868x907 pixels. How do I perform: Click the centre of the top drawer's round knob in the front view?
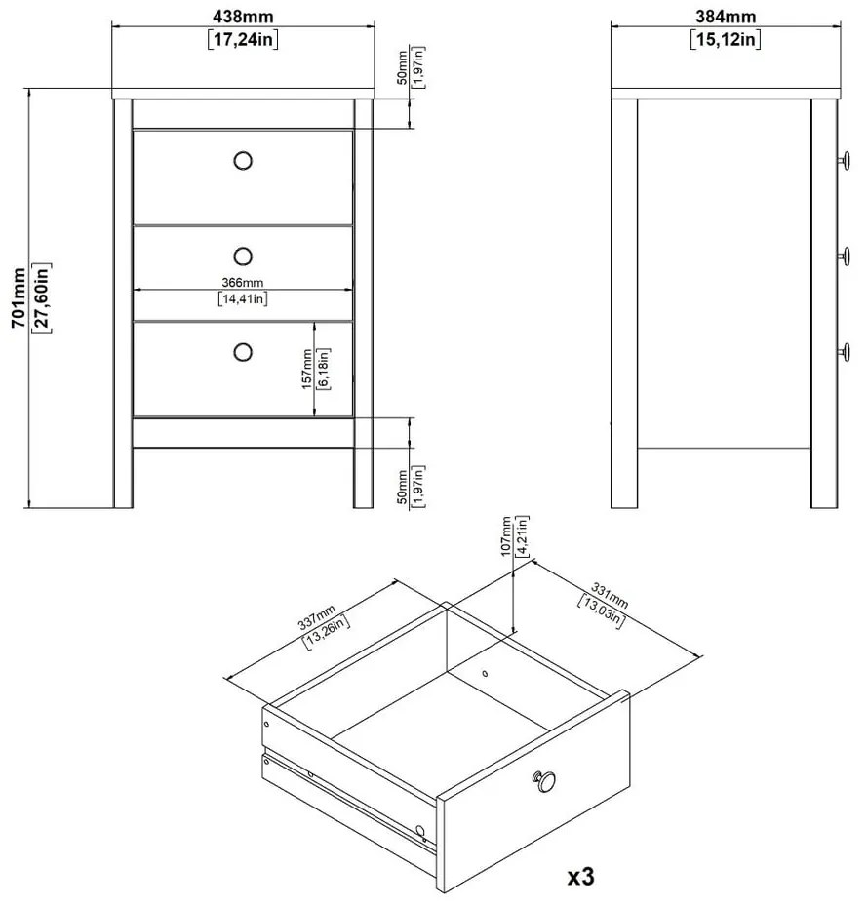(243, 160)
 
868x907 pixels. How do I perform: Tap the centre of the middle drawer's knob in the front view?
(243, 256)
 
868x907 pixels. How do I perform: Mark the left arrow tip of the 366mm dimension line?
(135, 290)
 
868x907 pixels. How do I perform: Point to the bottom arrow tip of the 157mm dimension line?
(315, 415)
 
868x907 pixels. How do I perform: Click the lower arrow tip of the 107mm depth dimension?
(514, 635)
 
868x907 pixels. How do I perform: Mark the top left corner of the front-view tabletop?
(112, 89)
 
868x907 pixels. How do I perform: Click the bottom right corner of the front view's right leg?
(373, 508)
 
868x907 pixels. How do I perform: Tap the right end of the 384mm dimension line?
(841, 25)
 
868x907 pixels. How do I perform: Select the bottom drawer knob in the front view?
(243, 352)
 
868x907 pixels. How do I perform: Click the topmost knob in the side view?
(845, 160)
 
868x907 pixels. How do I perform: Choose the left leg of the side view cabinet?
(624, 303)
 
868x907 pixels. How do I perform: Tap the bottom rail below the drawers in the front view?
(244, 433)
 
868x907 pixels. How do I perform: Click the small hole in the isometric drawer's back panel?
(485, 673)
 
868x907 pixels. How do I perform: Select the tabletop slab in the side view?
(726, 95)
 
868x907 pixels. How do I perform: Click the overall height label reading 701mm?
(20, 297)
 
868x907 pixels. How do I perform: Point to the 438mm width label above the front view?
(243, 17)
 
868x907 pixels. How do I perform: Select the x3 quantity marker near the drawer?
(580, 877)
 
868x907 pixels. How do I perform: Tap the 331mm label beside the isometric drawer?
(610, 596)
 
